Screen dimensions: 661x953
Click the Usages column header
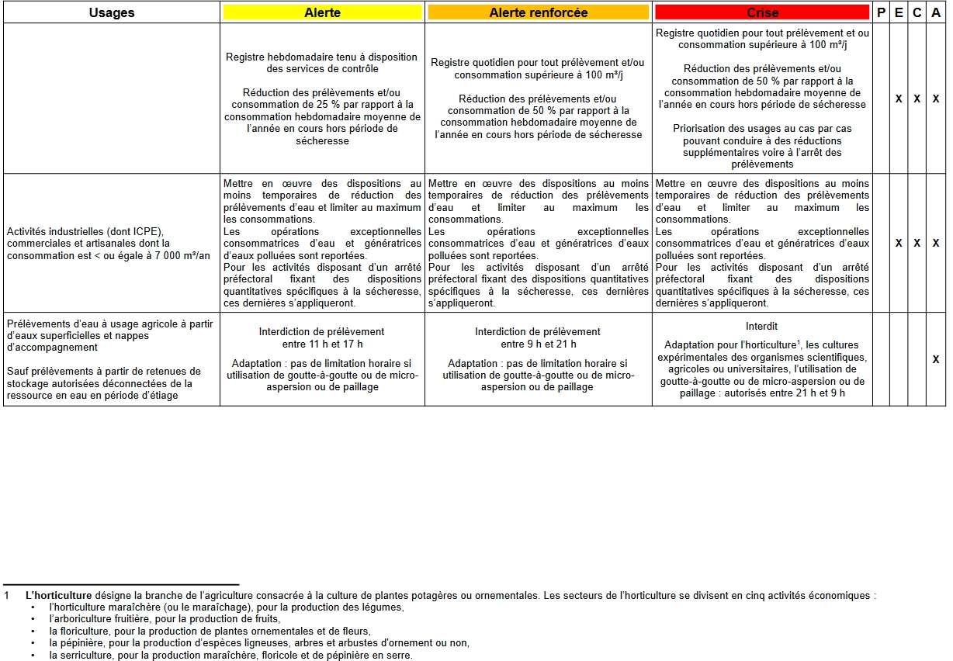112,12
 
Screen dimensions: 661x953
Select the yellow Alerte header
322,12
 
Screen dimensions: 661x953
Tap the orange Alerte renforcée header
538,12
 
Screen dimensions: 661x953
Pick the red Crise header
762,12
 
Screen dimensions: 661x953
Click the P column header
881,12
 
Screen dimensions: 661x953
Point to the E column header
899,12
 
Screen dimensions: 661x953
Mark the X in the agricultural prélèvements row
936,358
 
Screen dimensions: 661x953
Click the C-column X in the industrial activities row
917,243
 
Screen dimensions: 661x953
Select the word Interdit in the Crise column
761,327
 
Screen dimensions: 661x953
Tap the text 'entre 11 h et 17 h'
322,344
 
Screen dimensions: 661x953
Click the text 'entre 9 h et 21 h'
538,344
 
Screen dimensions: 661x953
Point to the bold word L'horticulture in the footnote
58,596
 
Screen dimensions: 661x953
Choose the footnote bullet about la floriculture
210,632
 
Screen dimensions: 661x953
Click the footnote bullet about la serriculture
230,655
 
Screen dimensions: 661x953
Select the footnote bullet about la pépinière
258,643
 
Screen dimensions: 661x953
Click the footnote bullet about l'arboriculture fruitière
164,619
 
